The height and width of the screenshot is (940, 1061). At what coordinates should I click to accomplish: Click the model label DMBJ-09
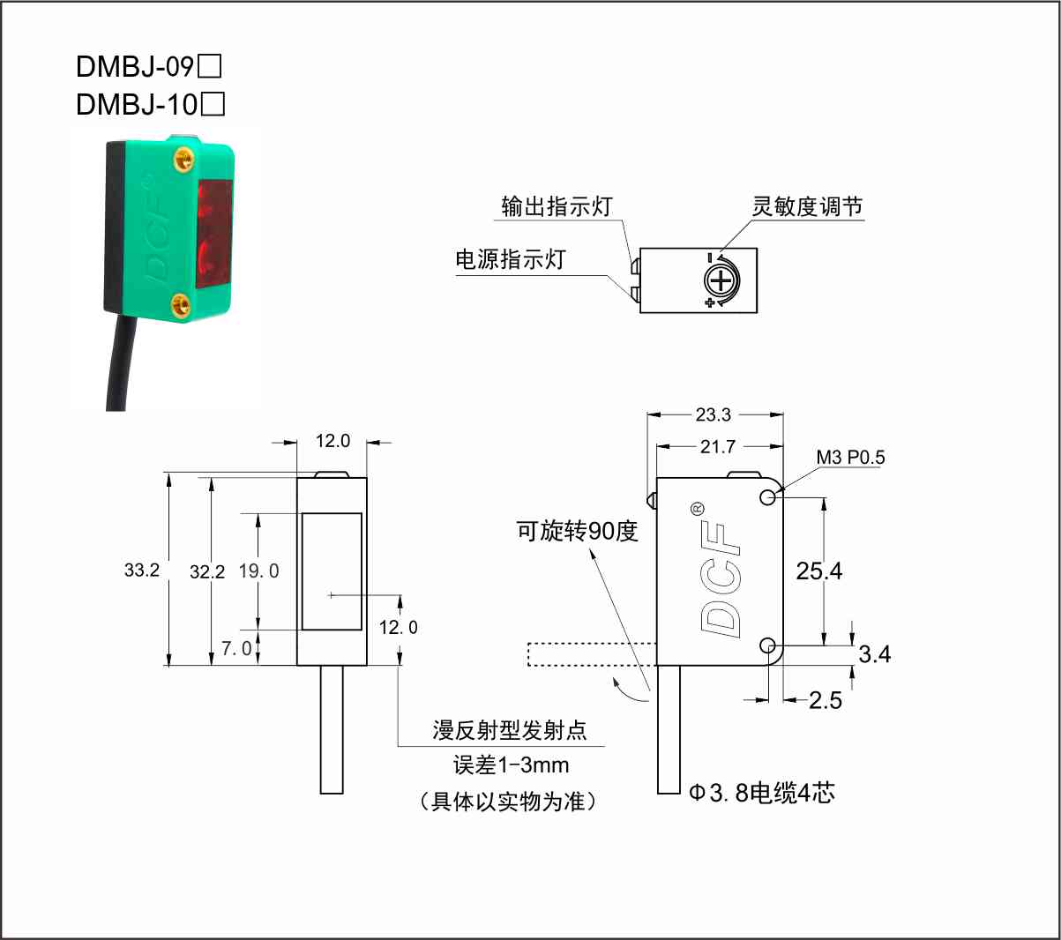135,66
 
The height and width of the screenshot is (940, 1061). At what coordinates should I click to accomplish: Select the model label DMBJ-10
136,104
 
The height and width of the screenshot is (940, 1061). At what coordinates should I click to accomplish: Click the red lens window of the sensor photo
214,234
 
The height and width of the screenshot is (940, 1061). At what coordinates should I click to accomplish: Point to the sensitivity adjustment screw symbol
721,282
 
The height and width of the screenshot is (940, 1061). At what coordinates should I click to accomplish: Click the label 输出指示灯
557,206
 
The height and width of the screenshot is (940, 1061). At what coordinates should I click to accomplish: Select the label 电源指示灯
511,259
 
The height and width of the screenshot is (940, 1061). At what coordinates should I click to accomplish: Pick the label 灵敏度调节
807,206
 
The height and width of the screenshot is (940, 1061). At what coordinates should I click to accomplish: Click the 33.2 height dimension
141,570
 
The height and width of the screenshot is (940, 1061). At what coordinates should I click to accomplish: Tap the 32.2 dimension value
207,572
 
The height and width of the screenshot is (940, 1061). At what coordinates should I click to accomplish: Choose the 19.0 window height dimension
258,571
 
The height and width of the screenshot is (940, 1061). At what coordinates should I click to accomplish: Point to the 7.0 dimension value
236,649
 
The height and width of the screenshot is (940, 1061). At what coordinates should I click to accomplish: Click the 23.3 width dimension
714,414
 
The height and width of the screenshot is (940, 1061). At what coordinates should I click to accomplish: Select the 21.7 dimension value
717,447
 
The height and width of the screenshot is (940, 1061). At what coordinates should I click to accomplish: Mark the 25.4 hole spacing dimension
819,571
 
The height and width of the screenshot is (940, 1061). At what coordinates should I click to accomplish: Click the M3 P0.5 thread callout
850,457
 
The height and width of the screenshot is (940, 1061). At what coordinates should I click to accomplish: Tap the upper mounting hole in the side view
767,497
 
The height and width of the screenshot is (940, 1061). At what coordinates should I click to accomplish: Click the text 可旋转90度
577,531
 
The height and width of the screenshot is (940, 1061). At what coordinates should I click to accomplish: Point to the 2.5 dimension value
826,701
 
